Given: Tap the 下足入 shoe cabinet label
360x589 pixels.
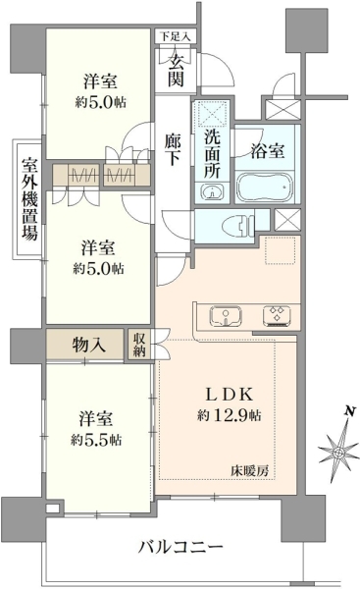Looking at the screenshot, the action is point(175,37).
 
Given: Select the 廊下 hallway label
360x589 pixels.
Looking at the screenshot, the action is point(173,150).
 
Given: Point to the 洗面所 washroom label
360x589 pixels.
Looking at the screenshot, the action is point(212,154).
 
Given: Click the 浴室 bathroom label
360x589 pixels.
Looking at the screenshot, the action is point(267,150).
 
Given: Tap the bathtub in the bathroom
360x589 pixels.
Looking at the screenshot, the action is point(265,187).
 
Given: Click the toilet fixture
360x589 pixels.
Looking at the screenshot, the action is point(237,226).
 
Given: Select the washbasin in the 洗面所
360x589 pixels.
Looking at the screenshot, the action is point(212,191).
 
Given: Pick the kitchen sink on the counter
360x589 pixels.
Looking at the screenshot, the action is point(226,315).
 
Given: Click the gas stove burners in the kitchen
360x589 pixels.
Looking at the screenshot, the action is point(277,315).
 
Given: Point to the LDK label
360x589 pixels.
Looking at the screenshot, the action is point(229,395).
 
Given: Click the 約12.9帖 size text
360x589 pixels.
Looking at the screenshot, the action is point(229,415).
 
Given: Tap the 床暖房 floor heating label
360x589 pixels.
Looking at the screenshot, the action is point(249,471).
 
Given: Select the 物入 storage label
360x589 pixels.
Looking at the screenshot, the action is point(88,345).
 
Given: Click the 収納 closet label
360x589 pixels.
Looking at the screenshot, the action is point(139,345).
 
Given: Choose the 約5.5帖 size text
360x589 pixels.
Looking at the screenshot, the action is point(96,440).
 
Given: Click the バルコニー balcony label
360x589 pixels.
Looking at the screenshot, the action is point(180,546).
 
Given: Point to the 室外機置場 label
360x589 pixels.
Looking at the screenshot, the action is point(29,199).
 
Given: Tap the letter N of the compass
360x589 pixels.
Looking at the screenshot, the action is point(350,411).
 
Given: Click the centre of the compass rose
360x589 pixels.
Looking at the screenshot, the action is point(337,452).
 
